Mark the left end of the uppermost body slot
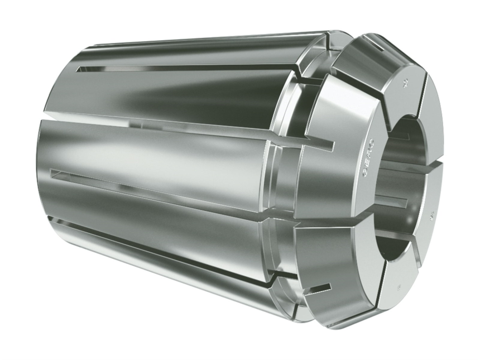(81, 69)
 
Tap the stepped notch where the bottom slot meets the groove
(273, 275)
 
